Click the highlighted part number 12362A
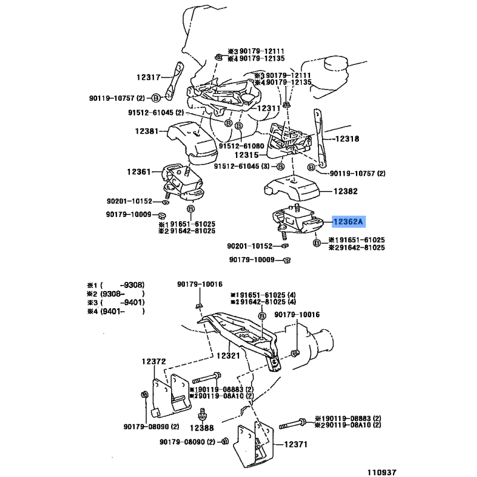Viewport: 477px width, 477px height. click(x=348, y=222)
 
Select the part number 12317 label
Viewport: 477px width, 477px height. click(x=148, y=78)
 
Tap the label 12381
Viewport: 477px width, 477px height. click(x=147, y=131)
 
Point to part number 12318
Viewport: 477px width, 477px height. click(x=347, y=139)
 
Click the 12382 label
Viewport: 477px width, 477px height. click(x=346, y=191)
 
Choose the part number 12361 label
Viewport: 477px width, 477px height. click(x=139, y=172)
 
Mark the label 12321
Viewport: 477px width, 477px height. click(x=228, y=355)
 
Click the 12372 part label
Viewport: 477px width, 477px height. click(x=154, y=361)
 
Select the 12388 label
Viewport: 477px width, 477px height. click(x=202, y=428)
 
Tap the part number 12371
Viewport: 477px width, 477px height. click(x=296, y=444)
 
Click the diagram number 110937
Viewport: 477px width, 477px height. click(x=382, y=472)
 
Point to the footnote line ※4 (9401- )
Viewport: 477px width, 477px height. click(x=116, y=311)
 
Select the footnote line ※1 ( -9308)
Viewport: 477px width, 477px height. click(x=116, y=285)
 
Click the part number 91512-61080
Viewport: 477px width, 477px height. click(x=241, y=146)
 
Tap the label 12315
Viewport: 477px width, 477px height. click(x=246, y=155)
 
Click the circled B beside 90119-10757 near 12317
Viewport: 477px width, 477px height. click(x=156, y=98)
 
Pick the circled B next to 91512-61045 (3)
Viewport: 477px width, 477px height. click(x=280, y=166)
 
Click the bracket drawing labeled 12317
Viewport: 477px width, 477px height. click(x=174, y=81)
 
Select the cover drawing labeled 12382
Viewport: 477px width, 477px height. click(x=292, y=188)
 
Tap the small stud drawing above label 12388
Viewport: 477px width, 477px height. click(x=202, y=414)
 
